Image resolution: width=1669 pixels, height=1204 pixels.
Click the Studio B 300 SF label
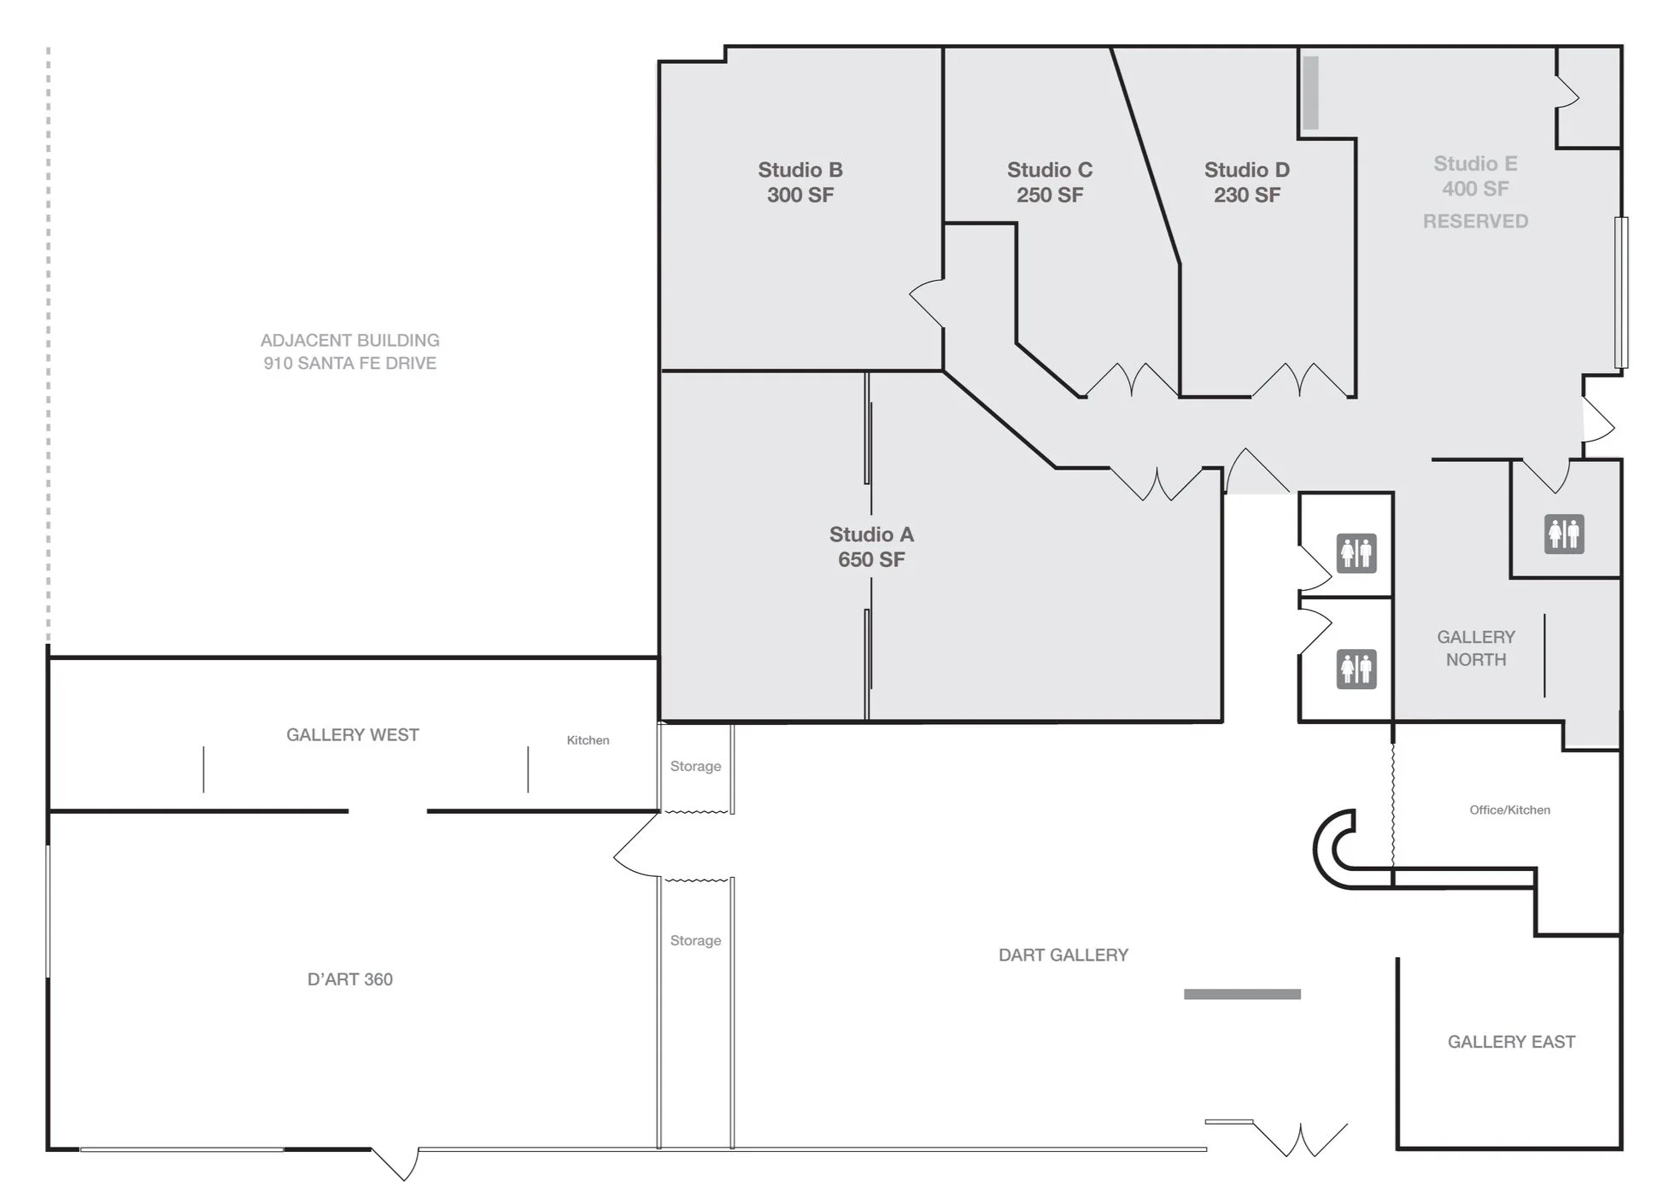point(799,182)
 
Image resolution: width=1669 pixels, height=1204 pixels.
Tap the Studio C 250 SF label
point(1049,182)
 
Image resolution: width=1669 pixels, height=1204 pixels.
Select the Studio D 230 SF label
point(1246,182)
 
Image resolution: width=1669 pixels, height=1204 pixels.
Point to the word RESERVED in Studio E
point(1475,221)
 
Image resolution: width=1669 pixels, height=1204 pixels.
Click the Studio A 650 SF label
point(871,546)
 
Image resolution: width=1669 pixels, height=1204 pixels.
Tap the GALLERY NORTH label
point(1475,648)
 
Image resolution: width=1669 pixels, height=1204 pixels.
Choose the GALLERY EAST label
point(1511,1042)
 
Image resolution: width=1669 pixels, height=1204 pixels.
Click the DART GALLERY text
point(1063,955)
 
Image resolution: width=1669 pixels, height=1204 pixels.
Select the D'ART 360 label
point(349,979)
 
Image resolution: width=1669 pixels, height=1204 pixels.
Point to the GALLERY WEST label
point(352,734)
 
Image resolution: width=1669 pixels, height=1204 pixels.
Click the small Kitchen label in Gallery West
point(588,740)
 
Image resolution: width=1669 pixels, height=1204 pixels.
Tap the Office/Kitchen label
point(1509,809)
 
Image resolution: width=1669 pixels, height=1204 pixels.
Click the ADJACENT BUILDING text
point(349,340)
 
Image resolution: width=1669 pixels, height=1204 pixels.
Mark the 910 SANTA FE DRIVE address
point(349,363)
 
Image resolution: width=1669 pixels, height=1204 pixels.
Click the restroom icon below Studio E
point(1564,535)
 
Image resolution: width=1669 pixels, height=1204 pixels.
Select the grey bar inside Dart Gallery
point(1242,994)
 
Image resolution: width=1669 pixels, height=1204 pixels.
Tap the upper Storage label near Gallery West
point(695,766)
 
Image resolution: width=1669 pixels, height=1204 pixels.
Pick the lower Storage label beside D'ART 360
point(695,940)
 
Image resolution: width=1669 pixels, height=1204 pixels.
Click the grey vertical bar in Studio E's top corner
point(1310,92)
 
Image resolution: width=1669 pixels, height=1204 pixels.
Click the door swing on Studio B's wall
point(926,302)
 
